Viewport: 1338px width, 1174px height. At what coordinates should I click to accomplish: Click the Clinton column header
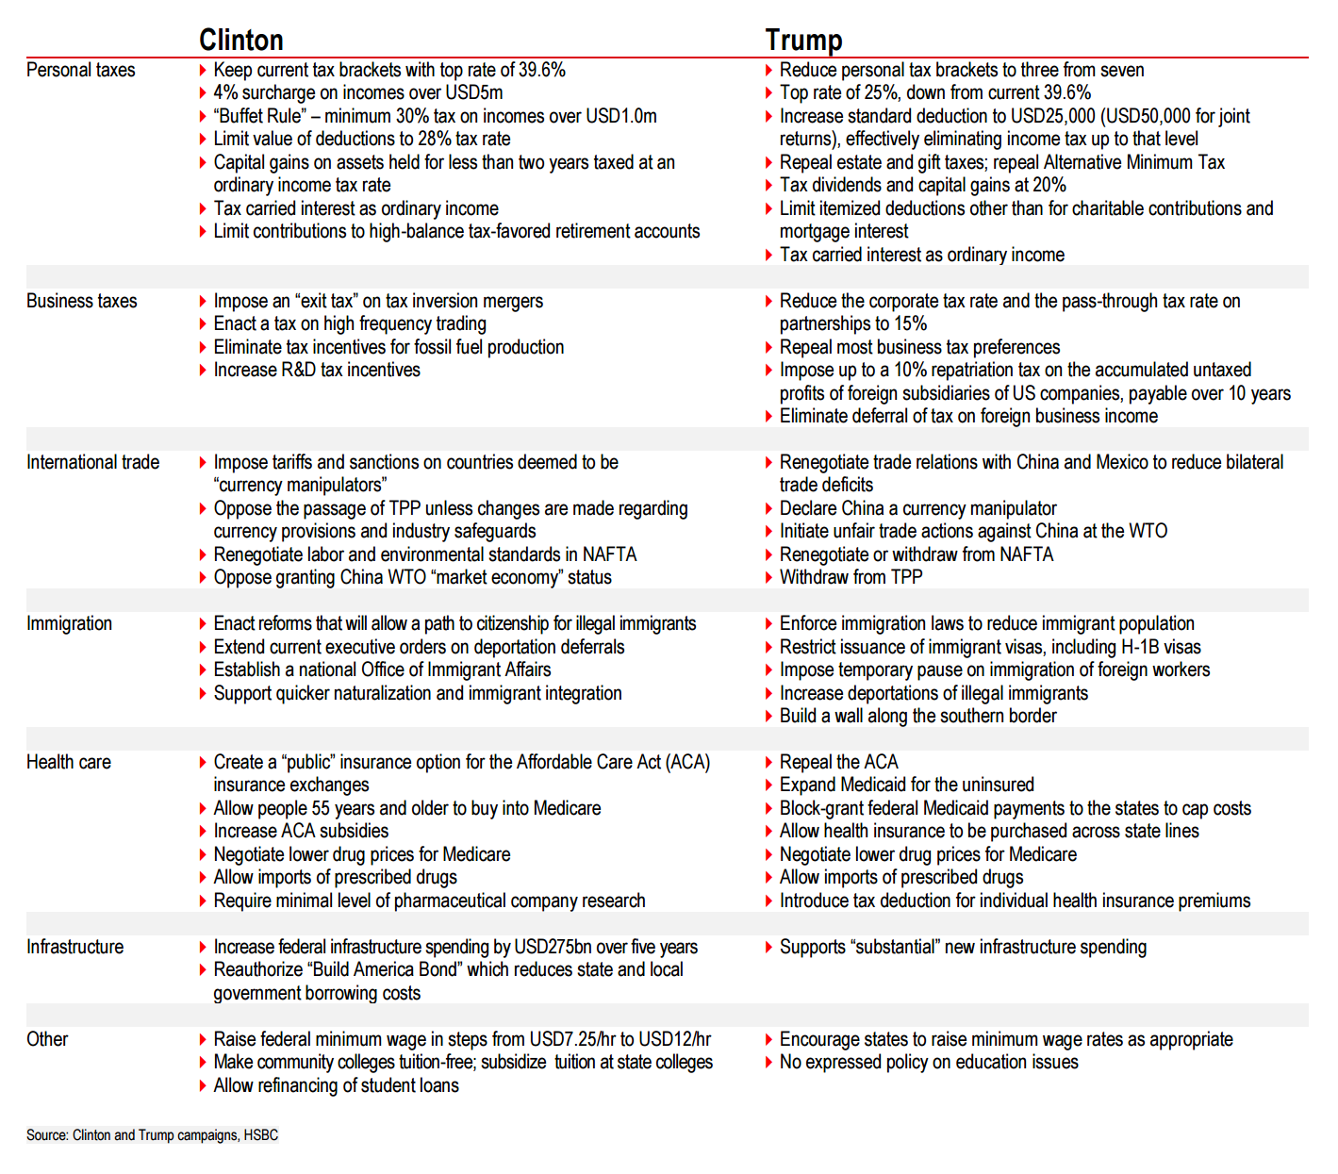pos(240,40)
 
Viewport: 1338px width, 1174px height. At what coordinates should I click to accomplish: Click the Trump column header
pos(803,40)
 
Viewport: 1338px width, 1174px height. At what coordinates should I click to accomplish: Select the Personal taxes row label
pos(80,70)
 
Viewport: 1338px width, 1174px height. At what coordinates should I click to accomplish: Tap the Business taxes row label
pos(81,301)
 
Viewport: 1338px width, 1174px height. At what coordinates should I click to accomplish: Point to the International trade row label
pos(92,462)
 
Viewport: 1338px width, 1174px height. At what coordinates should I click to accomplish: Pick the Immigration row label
pos(69,623)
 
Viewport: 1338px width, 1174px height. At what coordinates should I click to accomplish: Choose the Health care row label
pos(68,762)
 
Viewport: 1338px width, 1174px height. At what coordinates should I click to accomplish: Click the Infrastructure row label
pos(74,947)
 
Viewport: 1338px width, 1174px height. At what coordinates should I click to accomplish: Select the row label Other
pos(47,1039)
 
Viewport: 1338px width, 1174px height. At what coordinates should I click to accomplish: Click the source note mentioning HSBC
pos(152,1135)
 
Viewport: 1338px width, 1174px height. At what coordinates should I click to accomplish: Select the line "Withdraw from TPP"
pos(851,577)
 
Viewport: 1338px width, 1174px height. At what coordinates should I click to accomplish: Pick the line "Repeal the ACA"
pos(838,762)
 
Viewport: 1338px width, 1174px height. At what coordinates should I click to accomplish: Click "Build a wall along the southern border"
pos(917,716)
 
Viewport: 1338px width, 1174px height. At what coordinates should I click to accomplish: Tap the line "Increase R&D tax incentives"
pos(317,370)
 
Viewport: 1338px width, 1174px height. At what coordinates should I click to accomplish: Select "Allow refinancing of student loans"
pos(336,1085)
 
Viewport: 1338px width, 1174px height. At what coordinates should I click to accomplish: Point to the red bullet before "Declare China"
pos(769,508)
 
